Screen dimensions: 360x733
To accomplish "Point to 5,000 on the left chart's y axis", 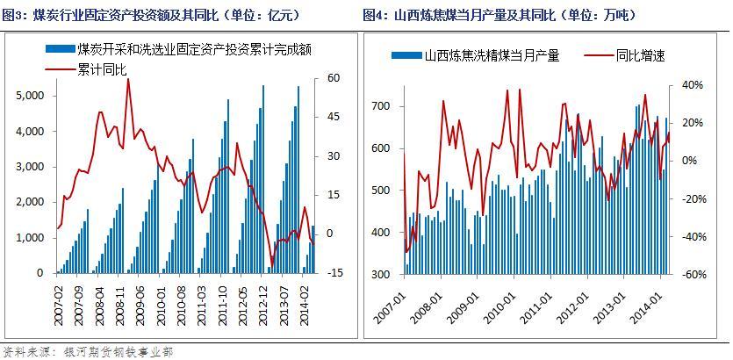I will pos(30,95).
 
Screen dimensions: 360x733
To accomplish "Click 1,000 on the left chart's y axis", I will pos(30,238).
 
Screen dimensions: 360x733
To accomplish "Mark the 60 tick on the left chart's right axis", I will pos(334,78).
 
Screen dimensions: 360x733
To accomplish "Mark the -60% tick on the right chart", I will pos(691,275).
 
